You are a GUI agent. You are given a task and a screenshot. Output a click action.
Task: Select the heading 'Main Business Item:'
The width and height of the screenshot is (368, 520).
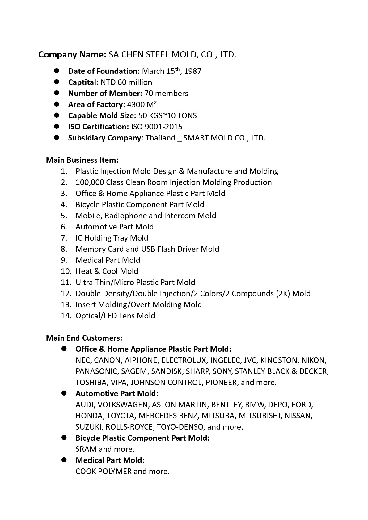click(82, 160)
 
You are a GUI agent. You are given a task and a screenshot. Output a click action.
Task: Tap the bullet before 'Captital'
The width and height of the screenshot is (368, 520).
click(57, 82)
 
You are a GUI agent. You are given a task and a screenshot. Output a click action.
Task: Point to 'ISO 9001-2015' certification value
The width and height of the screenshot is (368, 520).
click(157, 127)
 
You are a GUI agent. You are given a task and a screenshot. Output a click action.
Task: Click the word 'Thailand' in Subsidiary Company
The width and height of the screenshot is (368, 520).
click(160, 138)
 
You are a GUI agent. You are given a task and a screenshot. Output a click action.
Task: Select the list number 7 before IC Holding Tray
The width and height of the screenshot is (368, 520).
click(64, 238)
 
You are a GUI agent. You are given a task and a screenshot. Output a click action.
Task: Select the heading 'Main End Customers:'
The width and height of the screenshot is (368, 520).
click(84, 338)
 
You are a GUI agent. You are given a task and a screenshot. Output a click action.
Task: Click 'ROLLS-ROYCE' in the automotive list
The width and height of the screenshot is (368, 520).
click(129, 427)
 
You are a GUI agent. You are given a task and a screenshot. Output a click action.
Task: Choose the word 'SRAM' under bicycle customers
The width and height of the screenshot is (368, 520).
click(86, 449)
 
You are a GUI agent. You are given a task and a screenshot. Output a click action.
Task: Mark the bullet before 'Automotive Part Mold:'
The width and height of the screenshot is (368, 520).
click(64, 393)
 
